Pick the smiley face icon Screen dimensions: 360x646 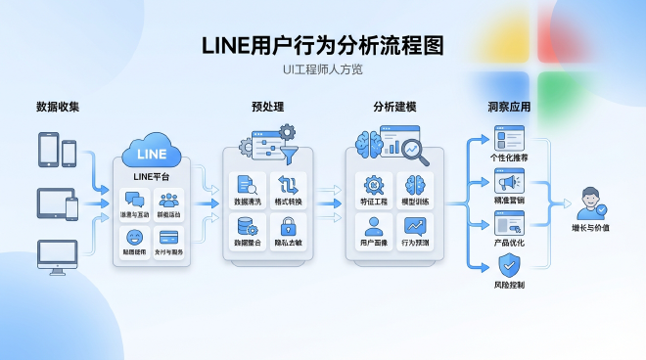point(134,238)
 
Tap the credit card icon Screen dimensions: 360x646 point(168,238)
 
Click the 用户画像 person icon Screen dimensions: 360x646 point(373,226)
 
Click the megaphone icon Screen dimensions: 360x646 point(508,183)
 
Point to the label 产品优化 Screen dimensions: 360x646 point(509,243)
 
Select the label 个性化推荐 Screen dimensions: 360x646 point(509,157)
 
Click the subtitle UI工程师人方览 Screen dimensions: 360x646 point(323,69)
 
